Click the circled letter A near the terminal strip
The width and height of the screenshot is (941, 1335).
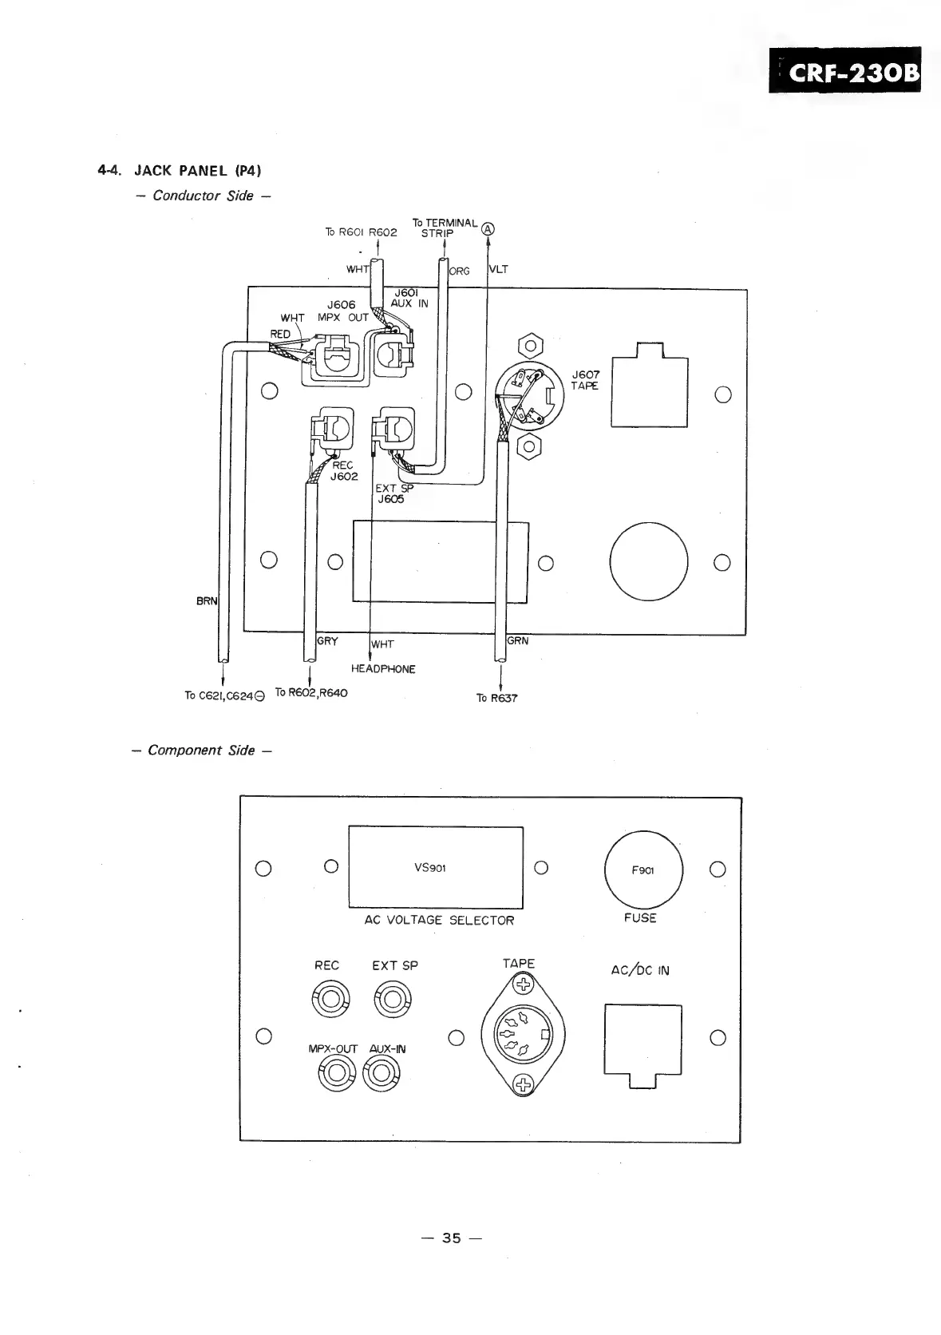click(x=488, y=229)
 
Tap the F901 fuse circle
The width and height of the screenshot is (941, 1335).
click(x=643, y=870)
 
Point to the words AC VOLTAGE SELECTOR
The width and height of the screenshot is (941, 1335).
click(x=439, y=920)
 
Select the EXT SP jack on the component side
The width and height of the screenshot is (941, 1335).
click(x=394, y=999)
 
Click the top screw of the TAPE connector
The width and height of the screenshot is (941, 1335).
click(x=523, y=984)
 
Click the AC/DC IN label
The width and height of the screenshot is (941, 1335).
click(x=640, y=971)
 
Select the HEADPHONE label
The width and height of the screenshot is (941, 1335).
click(x=383, y=669)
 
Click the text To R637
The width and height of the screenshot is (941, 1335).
click(x=496, y=698)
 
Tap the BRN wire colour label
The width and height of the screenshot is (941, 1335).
click(x=206, y=600)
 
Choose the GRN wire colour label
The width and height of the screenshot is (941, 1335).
click(x=518, y=640)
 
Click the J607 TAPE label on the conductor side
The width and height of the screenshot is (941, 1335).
click(x=586, y=380)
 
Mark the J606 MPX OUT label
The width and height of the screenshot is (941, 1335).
click(x=346, y=311)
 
